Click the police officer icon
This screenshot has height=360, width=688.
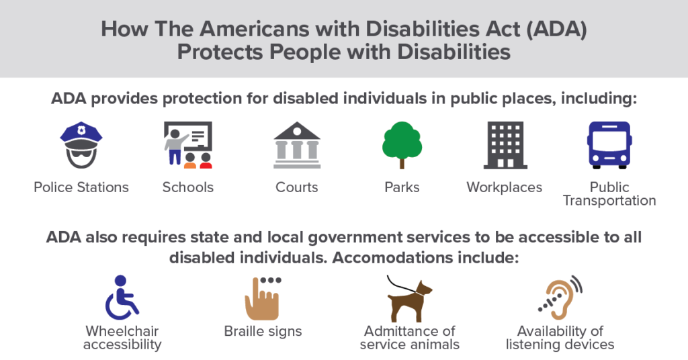(81, 145)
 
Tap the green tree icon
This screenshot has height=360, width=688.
(402, 145)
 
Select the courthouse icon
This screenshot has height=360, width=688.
(297, 145)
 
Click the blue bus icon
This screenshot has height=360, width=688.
(609, 145)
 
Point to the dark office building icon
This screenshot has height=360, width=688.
(505, 145)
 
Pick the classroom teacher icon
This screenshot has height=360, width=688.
(188, 145)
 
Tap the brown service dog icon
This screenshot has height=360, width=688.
(409, 299)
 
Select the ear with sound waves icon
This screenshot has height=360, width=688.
(560, 298)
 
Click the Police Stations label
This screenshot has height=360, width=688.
(81, 187)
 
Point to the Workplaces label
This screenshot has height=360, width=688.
(505, 187)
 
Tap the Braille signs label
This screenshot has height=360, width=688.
(263, 332)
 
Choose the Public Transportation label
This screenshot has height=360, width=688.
(609, 194)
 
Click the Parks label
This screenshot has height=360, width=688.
(402, 187)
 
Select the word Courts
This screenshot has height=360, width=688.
(296, 187)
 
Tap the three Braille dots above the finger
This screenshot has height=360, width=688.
(271, 280)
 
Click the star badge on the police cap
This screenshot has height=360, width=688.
(81, 130)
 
